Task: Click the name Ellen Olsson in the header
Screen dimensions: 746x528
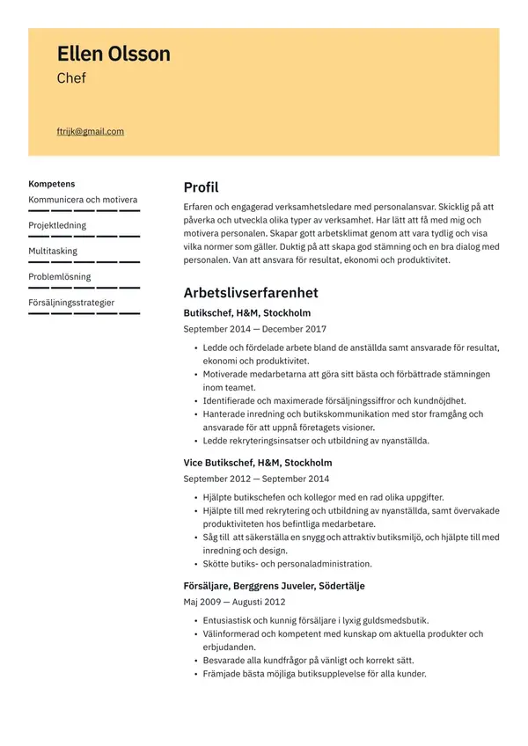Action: [114, 55]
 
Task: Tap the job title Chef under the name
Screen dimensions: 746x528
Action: [71, 78]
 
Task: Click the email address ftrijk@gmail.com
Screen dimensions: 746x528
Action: [90, 132]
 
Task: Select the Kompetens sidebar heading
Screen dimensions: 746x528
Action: [52, 184]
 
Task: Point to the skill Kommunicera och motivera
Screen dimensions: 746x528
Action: [83, 200]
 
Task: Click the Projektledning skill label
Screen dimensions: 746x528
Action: [57, 225]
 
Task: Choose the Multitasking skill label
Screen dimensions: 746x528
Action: [53, 251]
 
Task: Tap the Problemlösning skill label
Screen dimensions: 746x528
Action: [59, 276]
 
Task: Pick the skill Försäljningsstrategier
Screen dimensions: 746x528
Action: [71, 302]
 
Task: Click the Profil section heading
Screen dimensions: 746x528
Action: [201, 187]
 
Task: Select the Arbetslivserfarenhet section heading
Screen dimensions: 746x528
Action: [250, 293]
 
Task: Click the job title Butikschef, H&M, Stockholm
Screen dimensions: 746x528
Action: [246, 312]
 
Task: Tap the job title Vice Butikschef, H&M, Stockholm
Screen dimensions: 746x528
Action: [257, 462]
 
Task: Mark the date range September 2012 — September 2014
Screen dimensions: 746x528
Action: [256, 479]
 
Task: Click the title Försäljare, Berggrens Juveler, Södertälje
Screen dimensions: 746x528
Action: [274, 585]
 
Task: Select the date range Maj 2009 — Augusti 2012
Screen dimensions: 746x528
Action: [234, 602]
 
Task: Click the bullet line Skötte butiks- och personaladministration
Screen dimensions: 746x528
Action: [287, 563]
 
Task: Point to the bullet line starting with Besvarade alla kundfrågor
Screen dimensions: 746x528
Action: [308, 660]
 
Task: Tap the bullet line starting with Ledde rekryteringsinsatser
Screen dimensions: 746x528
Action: [316, 440]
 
